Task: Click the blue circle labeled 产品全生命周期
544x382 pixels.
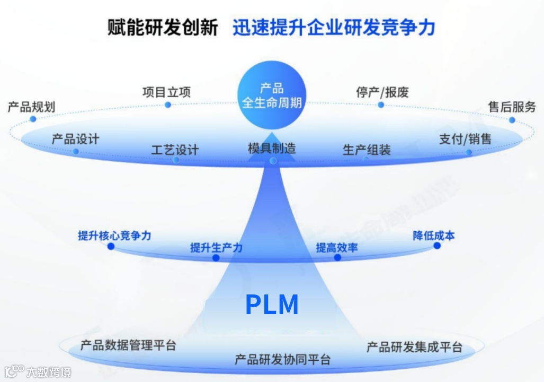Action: coord(272,95)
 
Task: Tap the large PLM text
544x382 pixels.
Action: coord(272,305)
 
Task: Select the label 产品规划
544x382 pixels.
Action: coord(31,106)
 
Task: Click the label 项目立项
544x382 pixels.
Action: coord(166,92)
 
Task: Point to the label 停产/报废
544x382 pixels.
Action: coord(382,92)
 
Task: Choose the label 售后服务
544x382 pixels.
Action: coord(512,106)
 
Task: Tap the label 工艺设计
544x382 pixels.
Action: coord(175,149)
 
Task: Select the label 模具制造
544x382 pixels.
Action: coord(272,147)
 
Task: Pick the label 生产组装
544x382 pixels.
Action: coord(367,149)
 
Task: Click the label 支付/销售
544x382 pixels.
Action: coord(465,139)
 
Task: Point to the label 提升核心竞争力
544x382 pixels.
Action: coord(114,235)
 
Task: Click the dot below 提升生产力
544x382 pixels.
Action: coord(216,258)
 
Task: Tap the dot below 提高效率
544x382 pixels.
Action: coord(337,258)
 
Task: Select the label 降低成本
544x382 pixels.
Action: coord(433,235)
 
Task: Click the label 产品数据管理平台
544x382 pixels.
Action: coord(128,346)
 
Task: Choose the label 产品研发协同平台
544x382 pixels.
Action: coord(283,359)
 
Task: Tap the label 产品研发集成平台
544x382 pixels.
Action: coord(415,347)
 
